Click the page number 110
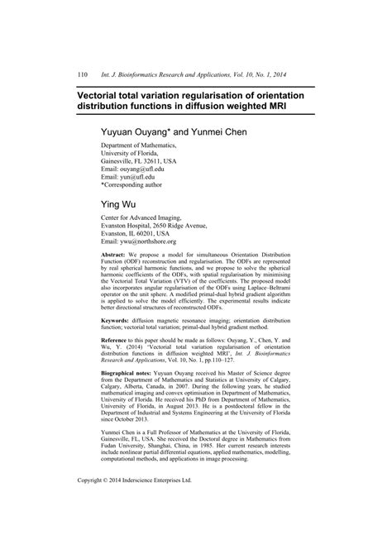pyautogui.click(x=83, y=74)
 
